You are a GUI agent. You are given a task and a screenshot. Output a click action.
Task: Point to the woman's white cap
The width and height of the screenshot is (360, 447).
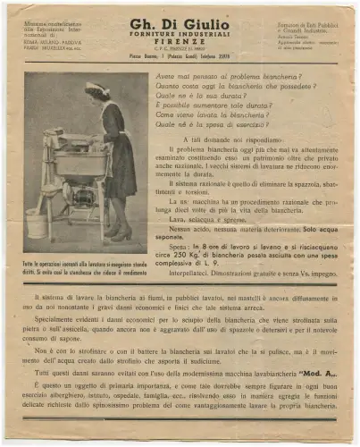click(96, 88)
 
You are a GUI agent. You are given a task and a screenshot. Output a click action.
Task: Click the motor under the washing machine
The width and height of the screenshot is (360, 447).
click(86, 198)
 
